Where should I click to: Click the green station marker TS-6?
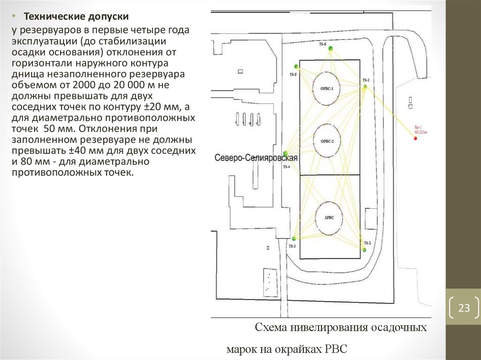click(331, 48)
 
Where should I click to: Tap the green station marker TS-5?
click(296, 67)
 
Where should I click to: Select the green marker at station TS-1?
click(365, 86)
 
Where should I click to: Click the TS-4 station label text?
click(287, 168)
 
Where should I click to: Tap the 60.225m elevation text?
click(420, 133)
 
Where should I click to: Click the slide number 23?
click(464, 308)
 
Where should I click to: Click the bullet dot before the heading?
click(14, 16)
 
